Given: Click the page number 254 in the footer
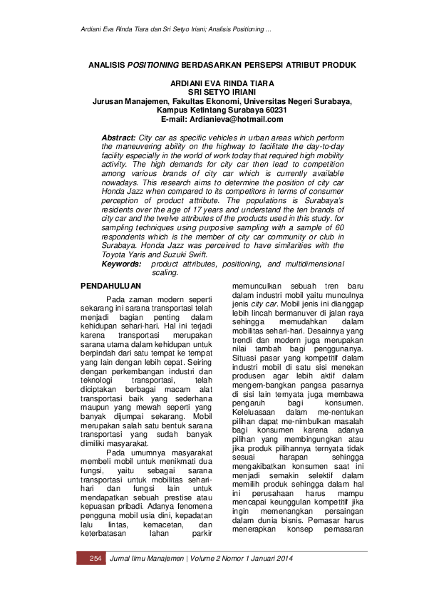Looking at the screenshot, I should pos(91,558).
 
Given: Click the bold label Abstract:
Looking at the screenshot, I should pos(118,136).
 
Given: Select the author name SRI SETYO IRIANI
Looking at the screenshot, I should pos(222,92).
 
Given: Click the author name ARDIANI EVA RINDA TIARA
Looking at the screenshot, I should pos(222,83).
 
